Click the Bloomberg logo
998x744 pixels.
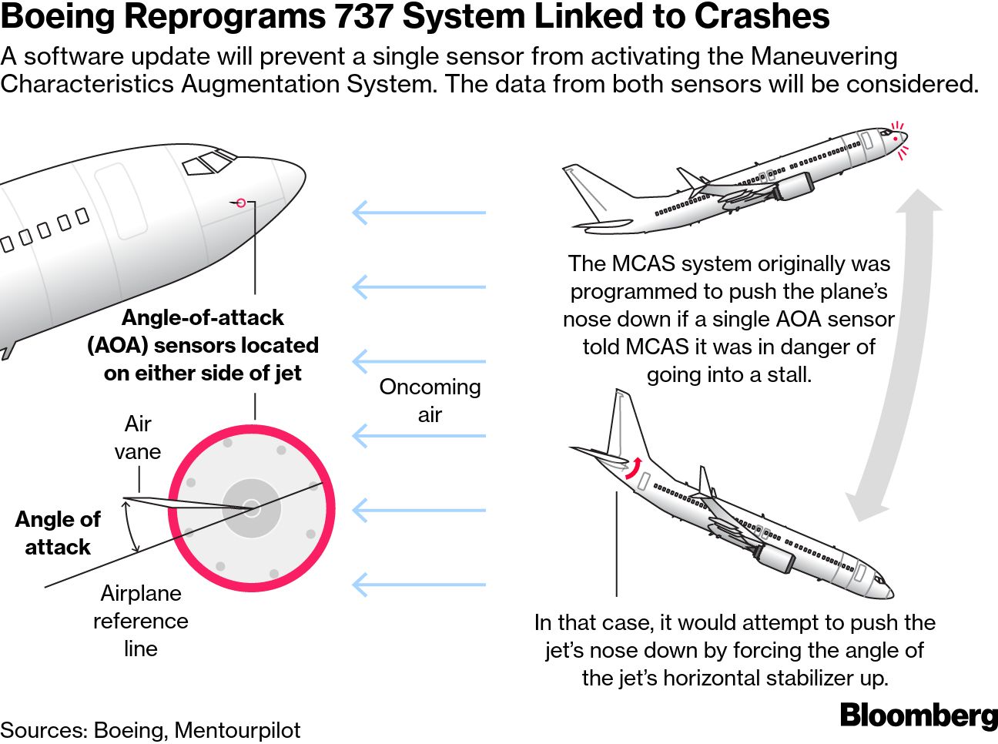coord(918,715)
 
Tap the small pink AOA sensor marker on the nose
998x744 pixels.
coord(241,203)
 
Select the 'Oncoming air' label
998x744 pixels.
coord(430,400)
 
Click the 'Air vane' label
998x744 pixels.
coord(138,437)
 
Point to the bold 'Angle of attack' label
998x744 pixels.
coord(58,533)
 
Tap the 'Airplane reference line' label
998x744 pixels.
coord(140,621)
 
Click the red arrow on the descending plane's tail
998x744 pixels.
coord(634,468)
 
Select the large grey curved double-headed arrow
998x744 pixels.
coord(897,354)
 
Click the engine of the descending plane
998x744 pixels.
coord(775,558)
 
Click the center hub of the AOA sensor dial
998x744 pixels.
coord(252,507)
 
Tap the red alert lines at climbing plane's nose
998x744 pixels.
coord(899,139)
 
